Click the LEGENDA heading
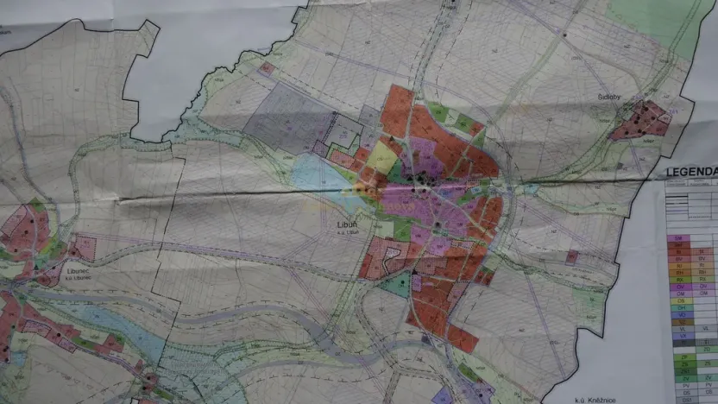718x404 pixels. (x=691, y=172)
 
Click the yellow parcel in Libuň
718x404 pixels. (x=381, y=156)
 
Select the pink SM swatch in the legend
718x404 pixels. (x=678, y=237)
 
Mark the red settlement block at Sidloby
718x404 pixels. (x=640, y=120)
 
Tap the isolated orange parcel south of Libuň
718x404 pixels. (x=463, y=339)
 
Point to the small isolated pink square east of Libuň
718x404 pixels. (x=571, y=257)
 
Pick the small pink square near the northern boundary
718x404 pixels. (x=267, y=68)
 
